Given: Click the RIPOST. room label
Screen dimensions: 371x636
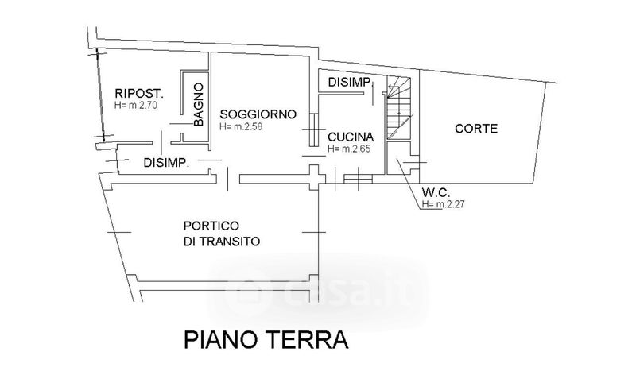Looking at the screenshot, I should tap(138, 91).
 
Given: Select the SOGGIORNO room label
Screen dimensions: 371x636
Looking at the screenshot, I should tap(258, 114).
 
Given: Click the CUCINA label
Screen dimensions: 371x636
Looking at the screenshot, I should tap(350, 137).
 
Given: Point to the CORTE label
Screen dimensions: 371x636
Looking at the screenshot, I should tap(476, 129).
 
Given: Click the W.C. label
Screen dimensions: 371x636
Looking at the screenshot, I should tap(437, 191).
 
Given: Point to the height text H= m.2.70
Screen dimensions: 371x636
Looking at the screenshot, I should tap(138, 105).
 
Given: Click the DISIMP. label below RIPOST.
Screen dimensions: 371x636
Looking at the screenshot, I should tap(166, 163).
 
